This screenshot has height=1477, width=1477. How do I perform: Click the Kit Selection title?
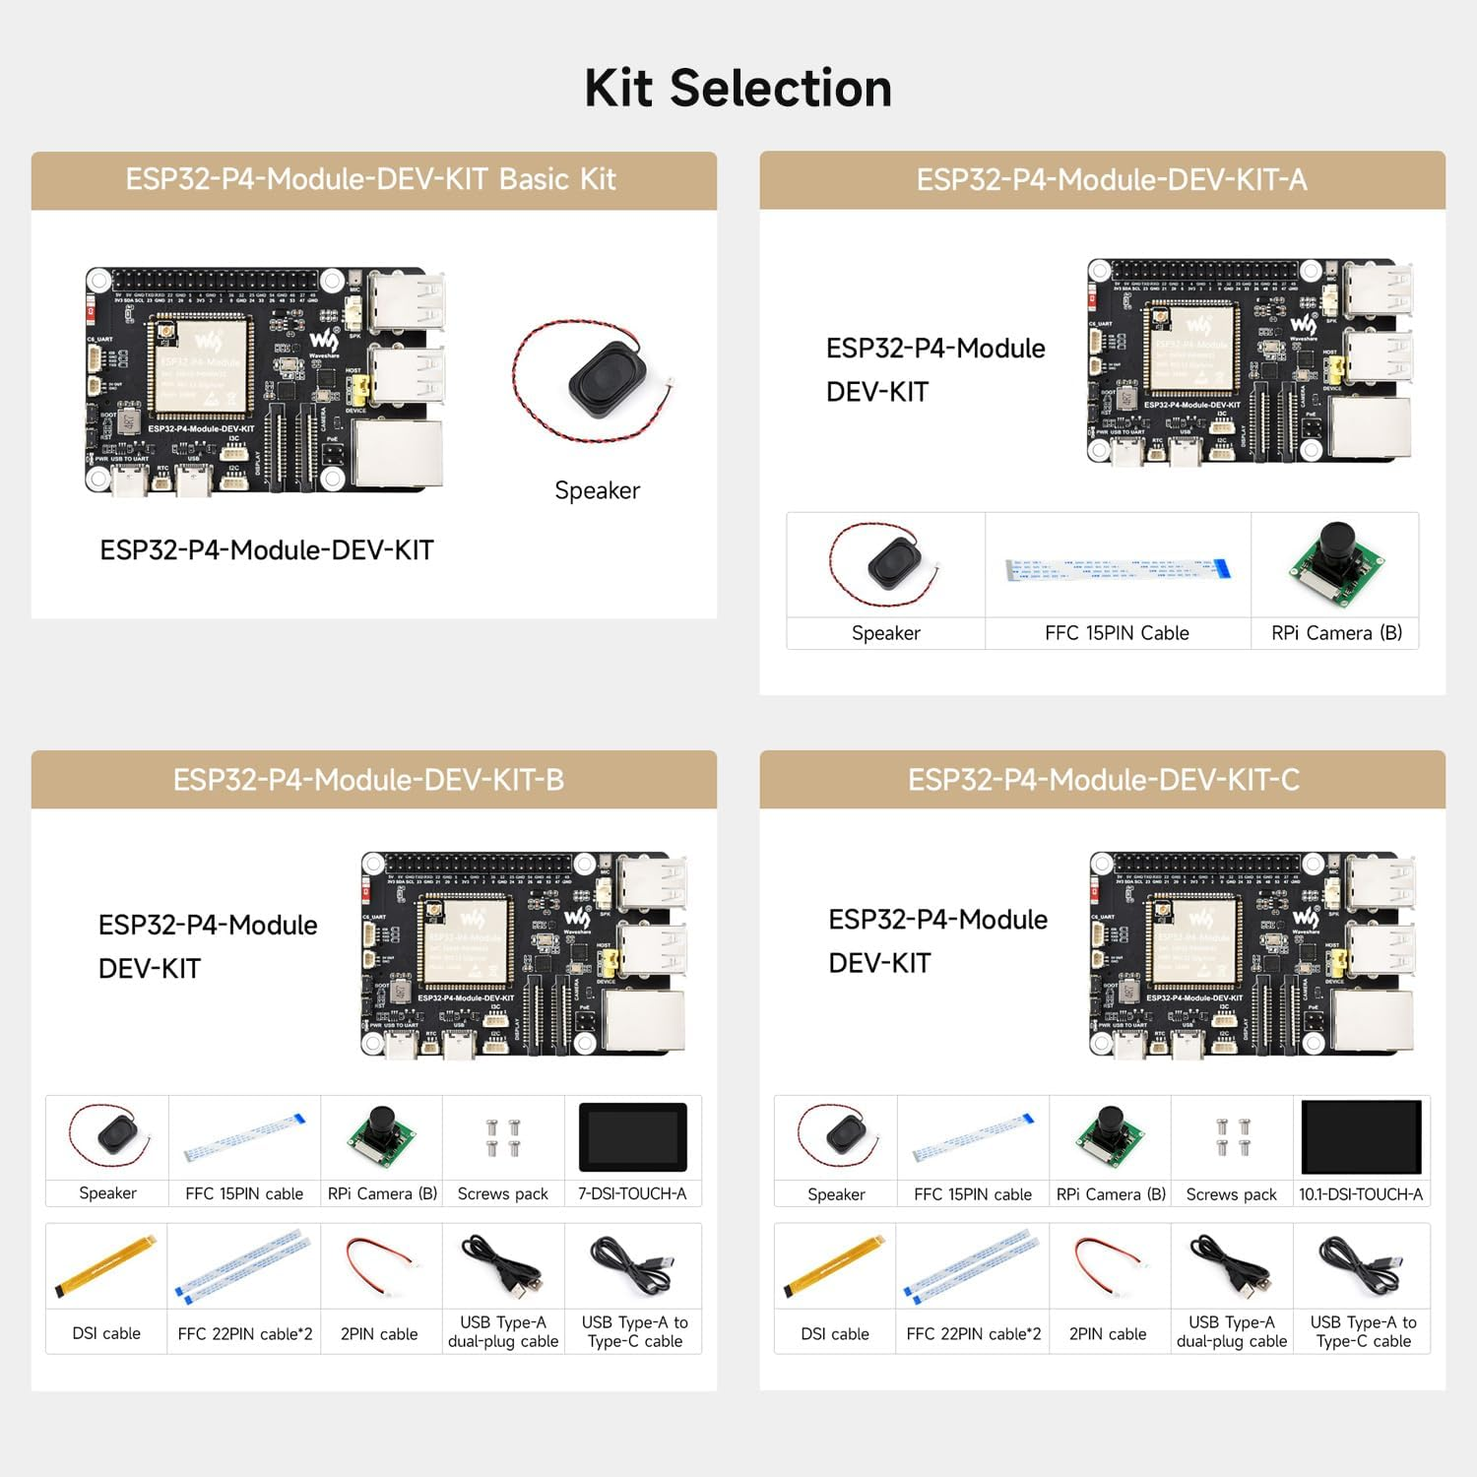(x=738, y=89)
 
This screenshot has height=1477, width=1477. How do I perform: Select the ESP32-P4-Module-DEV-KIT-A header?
(x=1111, y=179)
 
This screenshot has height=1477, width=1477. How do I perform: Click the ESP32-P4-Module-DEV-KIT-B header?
(x=368, y=780)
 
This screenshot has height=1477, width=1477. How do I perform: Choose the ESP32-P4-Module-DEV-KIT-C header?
(x=1103, y=780)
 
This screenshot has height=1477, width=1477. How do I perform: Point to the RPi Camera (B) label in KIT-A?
(x=1336, y=633)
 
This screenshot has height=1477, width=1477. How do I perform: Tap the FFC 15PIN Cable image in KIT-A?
(x=1118, y=569)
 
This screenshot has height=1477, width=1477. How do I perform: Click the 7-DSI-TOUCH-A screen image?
(x=632, y=1137)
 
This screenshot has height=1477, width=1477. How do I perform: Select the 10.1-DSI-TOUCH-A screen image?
(x=1361, y=1137)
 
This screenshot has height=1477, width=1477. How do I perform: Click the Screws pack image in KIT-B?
(x=502, y=1137)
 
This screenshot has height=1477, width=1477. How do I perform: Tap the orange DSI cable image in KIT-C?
(x=834, y=1265)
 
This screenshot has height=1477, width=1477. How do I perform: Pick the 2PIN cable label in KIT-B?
(x=379, y=1334)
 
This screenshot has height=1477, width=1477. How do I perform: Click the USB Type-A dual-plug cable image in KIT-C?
(x=1231, y=1266)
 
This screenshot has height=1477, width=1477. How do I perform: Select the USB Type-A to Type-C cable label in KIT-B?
(x=634, y=1331)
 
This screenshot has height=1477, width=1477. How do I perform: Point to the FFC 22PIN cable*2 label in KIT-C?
(x=973, y=1334)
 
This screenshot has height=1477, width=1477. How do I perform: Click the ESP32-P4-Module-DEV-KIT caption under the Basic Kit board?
(x=267, y=550)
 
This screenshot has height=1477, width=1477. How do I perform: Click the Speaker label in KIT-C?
(x=836, y=1194)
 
